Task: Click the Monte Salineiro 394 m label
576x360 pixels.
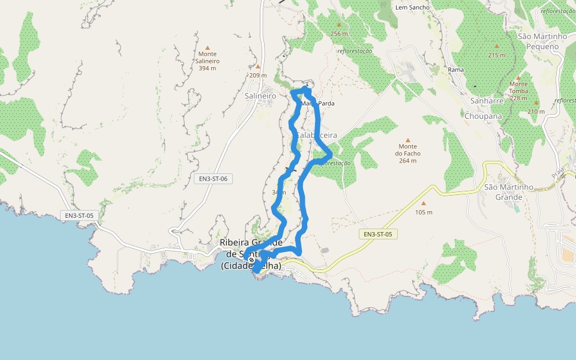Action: tap(208, 61)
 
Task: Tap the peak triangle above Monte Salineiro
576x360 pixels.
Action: tap(208, 47)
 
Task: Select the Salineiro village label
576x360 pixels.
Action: tap(260, 95)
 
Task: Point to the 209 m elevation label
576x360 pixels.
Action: tap(258, 75)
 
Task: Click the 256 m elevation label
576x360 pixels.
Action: tap(339, 34)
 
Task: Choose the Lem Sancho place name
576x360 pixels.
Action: tap(410, 7)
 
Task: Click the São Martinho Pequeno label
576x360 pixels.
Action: tap(542, 41)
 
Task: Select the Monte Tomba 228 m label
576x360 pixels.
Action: tap(518, 91)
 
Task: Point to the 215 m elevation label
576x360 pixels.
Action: tap(497, 55)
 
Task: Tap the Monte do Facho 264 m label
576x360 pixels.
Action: tap(407, 153)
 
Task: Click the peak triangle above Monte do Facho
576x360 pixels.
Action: tap(407, 140)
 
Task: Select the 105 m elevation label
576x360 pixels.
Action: tap(424, 212)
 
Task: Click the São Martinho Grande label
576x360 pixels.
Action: tap(508, 192)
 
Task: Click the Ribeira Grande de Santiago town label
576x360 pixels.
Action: tap(251, 254)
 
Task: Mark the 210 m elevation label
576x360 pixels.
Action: tap(536, 112)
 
